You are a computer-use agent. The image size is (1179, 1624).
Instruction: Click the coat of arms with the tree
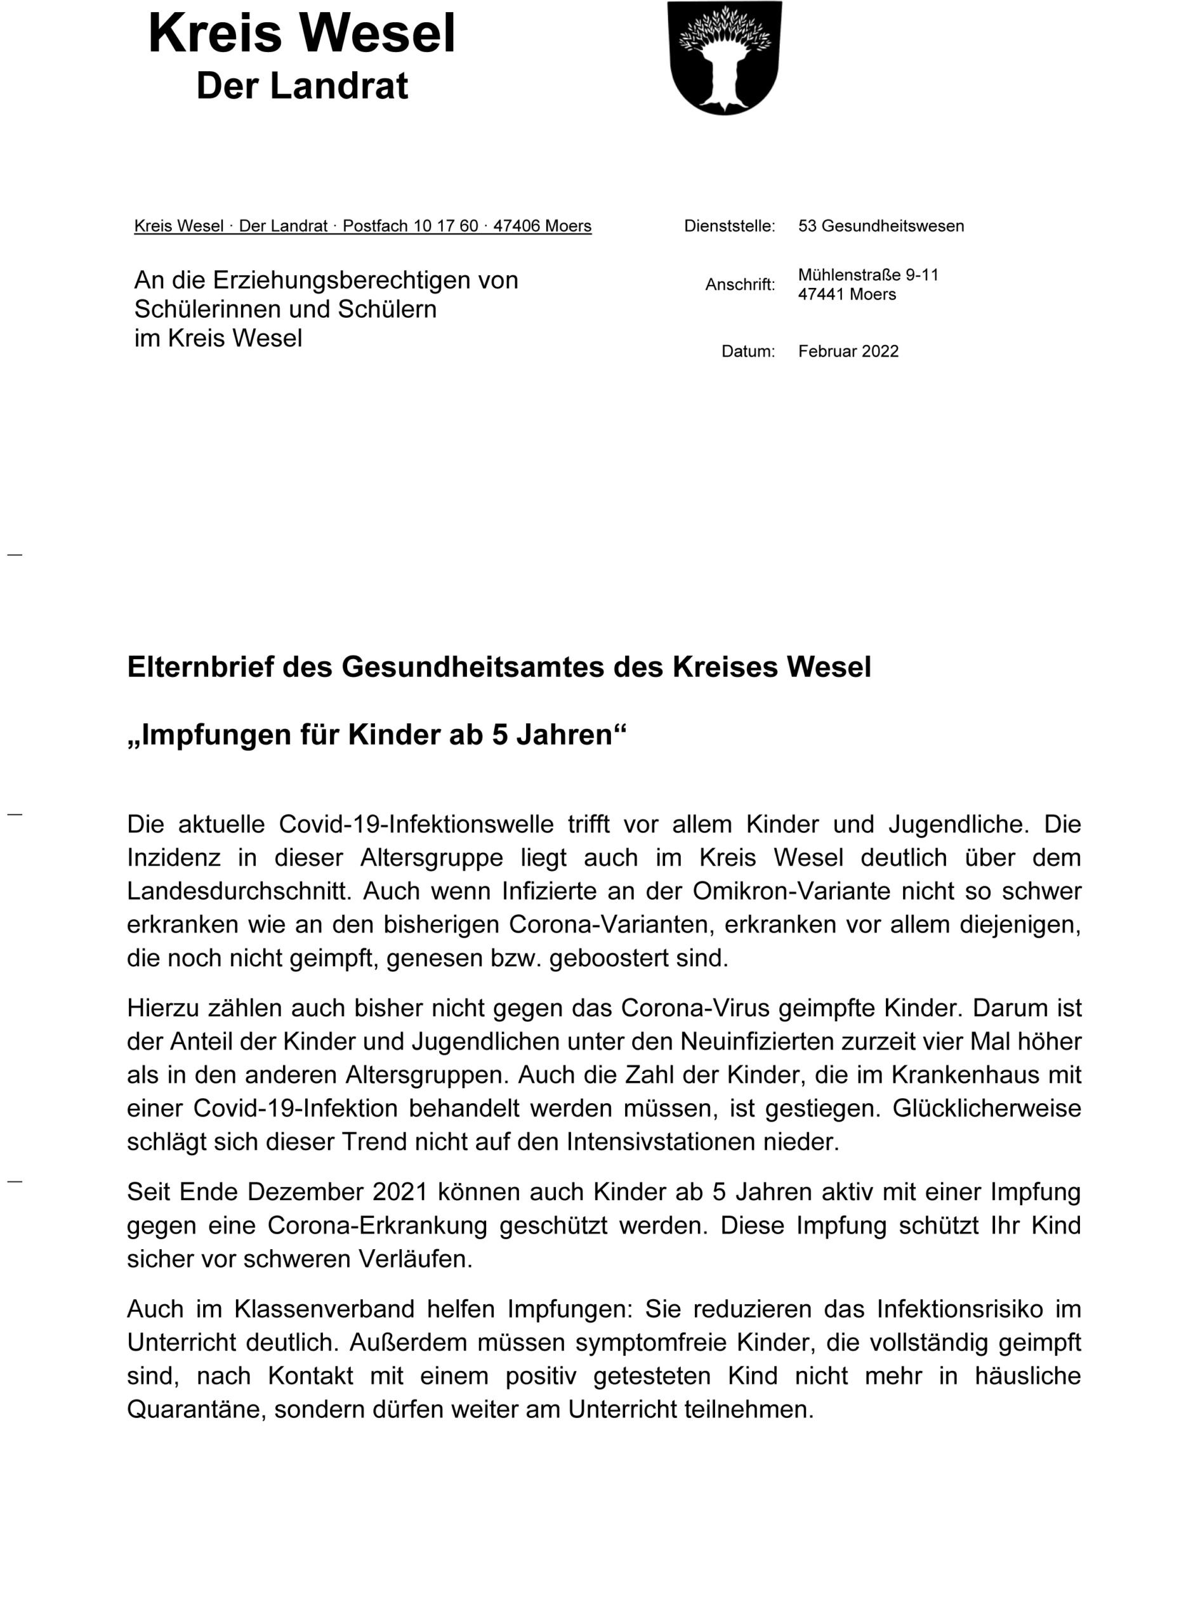[724, 57]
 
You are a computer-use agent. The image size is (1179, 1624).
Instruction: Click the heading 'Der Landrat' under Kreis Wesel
[301, 86]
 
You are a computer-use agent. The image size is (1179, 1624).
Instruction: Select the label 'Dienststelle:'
[729, 226]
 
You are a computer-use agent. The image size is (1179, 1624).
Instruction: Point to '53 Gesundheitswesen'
[880, 226]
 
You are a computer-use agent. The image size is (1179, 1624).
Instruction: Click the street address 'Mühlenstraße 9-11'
[867, 275]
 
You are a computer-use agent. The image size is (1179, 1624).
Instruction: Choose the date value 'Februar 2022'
[848, 351]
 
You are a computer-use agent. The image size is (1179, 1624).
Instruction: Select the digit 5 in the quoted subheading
[499, 735]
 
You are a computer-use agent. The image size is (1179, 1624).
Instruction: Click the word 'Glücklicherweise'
[986, 1108]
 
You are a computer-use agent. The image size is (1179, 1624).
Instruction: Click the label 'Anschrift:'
[740, 285]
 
